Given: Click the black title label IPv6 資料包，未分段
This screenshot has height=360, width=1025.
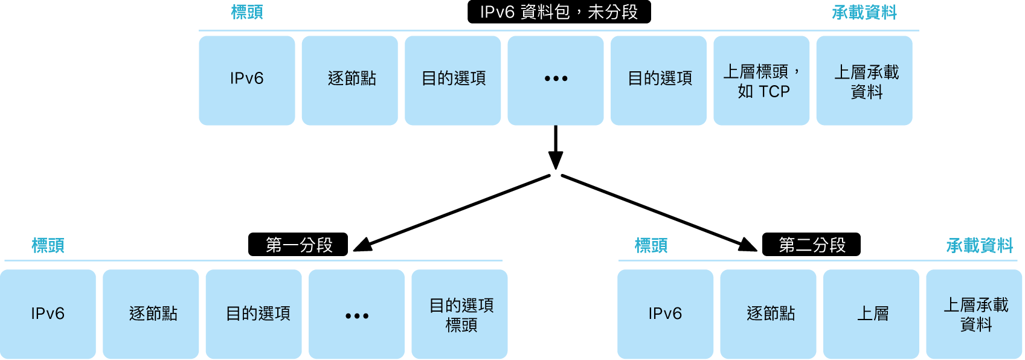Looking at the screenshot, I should (559, 12).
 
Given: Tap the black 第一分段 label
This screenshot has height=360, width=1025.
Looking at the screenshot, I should (298, 245).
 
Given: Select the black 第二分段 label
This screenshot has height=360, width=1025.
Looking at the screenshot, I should (811, 245).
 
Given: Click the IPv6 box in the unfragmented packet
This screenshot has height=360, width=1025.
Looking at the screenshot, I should (247, 80).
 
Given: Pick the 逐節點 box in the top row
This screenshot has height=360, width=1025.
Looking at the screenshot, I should (350, 80).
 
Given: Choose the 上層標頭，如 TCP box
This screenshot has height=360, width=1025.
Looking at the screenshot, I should (762, 80).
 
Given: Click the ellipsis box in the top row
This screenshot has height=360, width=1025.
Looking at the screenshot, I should (556, 80).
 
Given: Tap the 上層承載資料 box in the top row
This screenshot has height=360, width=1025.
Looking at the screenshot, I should (864, 80).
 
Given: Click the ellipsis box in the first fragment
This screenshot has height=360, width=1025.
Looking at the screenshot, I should (356, 314).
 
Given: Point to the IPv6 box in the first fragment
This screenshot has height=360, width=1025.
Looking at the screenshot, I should (48, 314).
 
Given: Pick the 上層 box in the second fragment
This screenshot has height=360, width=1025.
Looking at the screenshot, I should (871, 314).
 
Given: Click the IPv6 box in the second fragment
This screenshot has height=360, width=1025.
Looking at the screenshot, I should (665, 314).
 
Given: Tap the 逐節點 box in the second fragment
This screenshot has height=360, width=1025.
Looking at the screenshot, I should (768, 314).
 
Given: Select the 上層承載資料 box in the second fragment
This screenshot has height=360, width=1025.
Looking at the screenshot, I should (974, 314).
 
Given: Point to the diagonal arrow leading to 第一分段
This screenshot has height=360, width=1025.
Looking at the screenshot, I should (453, 212).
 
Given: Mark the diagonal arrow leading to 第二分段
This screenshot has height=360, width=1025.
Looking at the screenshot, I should (658, 212).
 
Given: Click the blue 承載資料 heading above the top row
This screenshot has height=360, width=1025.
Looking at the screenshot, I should (864, 13).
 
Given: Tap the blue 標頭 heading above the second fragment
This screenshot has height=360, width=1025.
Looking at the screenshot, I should (651, 245).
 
